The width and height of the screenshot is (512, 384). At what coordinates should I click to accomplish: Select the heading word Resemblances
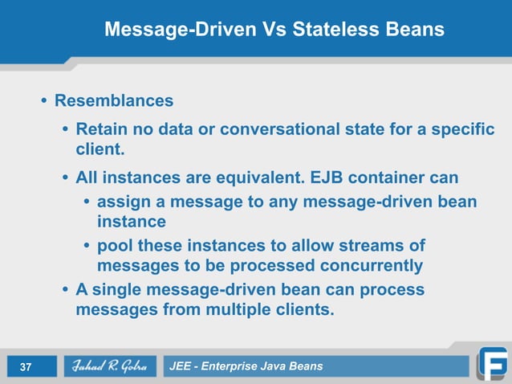point(113,101)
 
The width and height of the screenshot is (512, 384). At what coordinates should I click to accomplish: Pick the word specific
point(463,129)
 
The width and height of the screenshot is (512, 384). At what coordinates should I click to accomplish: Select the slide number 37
point(25,367)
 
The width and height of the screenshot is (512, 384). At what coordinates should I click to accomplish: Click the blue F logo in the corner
point(491,363)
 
